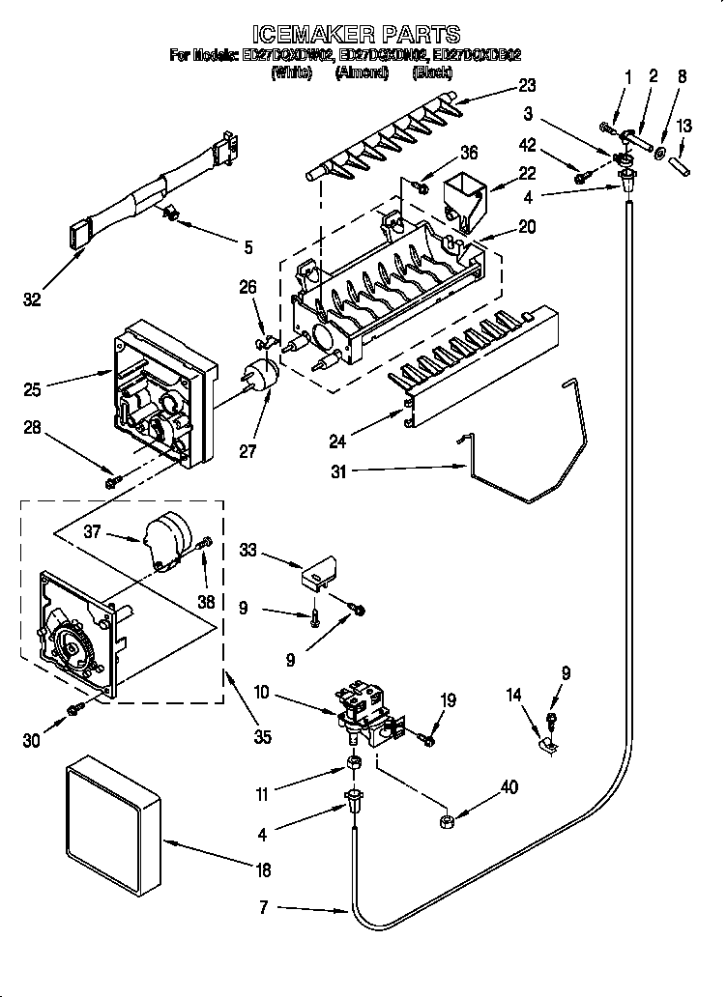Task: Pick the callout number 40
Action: [508, 788]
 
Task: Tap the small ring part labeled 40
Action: [448, 822]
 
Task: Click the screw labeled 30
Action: [74, 710]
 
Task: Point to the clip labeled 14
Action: [547, 742]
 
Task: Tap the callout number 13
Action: [683, 126]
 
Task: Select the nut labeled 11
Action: [355, 766]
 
